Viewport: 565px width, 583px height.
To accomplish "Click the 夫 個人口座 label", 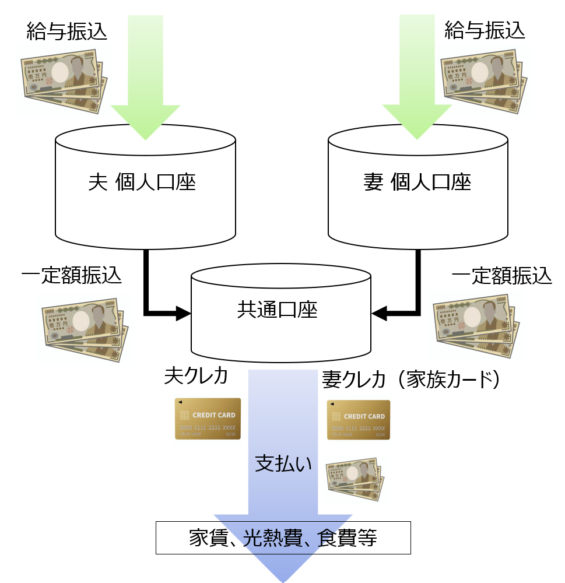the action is [x=142, y=182].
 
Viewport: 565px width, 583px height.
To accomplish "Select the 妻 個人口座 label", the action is [x=417, y=182].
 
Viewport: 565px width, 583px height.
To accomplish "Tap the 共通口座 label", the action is [x=278, y=310].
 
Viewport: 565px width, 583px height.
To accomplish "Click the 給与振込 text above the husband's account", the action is [x=66, y=31].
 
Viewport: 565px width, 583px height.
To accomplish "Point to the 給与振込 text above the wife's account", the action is [x=485, y=30].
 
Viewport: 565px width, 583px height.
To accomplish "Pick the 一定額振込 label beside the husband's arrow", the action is [x=71, y=276].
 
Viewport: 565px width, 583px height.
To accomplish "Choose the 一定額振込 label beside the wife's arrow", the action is [x=501, y=276].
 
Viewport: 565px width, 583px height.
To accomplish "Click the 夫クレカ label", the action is [x=196, y=375].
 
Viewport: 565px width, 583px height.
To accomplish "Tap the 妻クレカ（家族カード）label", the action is [x=411, y=380].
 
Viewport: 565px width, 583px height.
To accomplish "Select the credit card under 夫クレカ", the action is [x=208, y=419].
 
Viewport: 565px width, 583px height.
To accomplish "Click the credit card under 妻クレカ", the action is [x=359, y=420].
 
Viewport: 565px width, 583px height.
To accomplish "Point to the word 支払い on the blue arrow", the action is [x=283, y=464].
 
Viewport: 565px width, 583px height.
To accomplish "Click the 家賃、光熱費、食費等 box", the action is [x=283, y=538].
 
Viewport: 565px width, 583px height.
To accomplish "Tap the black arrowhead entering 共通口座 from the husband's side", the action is [x=183, y=314].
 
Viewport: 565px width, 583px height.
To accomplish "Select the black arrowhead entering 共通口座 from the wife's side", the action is [x=379, y=313].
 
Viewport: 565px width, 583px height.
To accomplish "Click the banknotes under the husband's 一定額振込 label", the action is [x=85, y=330].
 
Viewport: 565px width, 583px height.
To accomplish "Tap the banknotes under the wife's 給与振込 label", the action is [x=484, y=81].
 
